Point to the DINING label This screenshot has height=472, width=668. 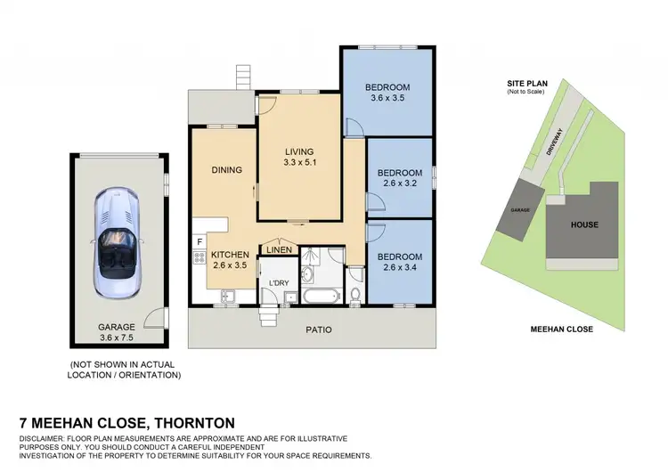click(x=226, y=170)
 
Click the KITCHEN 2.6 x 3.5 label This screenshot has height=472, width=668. click(x=230, y=260)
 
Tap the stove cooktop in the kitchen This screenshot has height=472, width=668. click(x=199, y=259)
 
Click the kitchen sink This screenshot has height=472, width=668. click(x=225, y=295)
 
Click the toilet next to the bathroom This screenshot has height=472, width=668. click(x=355, y=295)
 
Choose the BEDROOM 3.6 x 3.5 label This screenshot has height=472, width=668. click(x=387, y=93)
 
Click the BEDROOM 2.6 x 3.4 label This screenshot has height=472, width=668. click(x=399, y=259)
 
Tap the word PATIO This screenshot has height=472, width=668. click(x=319, y=330)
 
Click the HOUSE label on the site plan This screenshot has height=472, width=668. click(x=584, y=225)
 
